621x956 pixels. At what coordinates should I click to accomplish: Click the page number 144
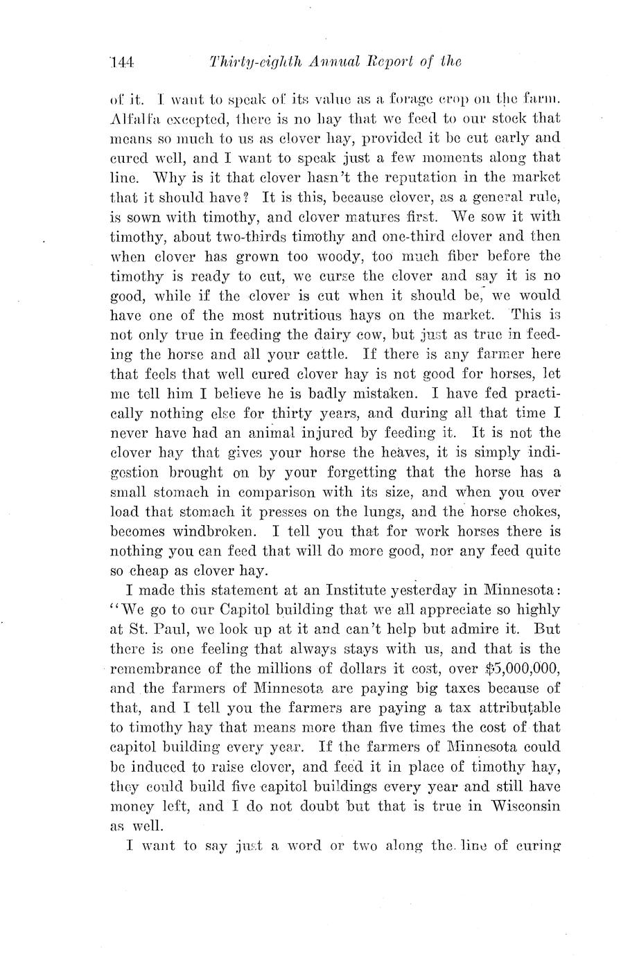pos(121,62)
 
